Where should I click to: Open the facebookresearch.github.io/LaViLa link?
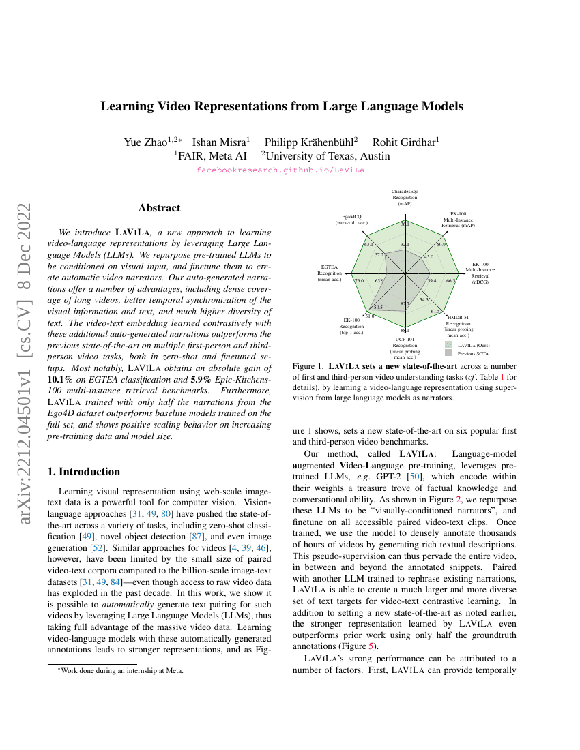click(x=280, y=170)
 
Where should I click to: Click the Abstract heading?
click(x=159, y=208)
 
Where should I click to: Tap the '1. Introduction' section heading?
click(x=86, y=472)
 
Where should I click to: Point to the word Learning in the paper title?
click(x=126, y=106)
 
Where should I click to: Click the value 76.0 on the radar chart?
click(x=360, y=280)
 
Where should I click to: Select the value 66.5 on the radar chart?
click(x=450, y=280)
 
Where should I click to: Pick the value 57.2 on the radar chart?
click(x=379, y=255)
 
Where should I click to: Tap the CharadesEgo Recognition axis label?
click(x=405, y=198)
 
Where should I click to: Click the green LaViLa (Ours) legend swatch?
click(x=448, y=345)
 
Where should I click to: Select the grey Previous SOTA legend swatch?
click(x=448, y=353)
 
